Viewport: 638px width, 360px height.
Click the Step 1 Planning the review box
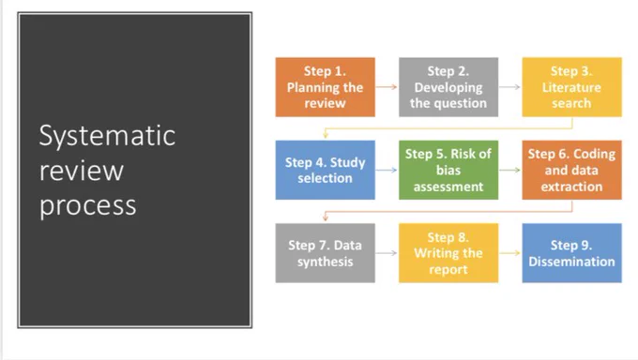click(326, 87)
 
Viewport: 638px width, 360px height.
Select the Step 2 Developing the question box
click(448, 87)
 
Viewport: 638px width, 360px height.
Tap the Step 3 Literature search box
click(571, 87)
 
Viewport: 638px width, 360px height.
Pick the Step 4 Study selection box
click(326, 170)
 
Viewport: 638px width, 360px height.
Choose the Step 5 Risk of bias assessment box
click(448, 170)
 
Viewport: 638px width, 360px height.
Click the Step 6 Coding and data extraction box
click(571, 170)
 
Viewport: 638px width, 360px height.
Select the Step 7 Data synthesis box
click(326, 253)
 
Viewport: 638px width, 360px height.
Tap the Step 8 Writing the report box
click(448, 253)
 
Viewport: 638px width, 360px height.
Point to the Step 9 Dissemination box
click(571, 253)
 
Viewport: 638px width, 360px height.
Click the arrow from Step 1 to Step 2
click(387, 86)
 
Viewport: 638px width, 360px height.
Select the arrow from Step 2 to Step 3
click(509, 86)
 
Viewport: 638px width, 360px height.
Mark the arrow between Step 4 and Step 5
click(387, 170)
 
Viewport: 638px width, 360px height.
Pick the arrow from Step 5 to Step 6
click(509, 170)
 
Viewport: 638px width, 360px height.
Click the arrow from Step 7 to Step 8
click(387, 253)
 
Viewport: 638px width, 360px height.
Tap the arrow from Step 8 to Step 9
click(509, 253)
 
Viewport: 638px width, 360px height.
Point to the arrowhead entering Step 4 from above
click(326, 135)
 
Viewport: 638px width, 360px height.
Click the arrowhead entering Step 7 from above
click(326, 218)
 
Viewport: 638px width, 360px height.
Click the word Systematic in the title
click(107, 137)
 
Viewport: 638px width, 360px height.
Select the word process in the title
click(88, 206)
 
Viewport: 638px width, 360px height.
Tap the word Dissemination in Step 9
click(571, 262)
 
